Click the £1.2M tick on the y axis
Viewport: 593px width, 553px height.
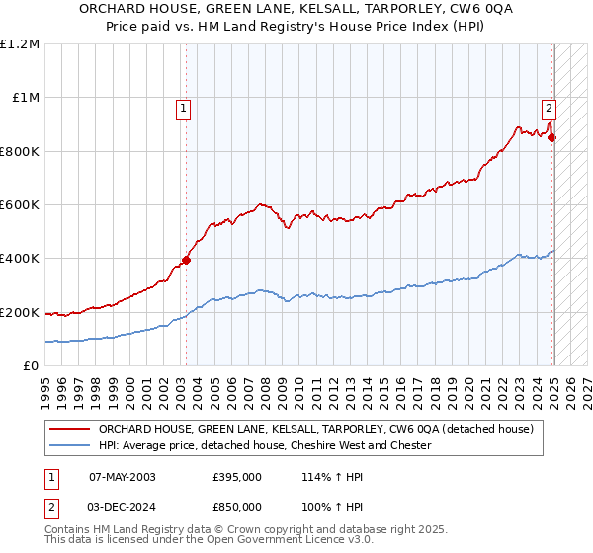[x=21, y=43]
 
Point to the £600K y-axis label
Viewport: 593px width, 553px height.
[x=21, y=205]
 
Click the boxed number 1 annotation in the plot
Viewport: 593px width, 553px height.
[x=185, y=110]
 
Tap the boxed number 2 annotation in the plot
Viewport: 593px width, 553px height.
[x=549, y=110]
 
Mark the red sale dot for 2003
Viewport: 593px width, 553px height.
[x=186, y=261]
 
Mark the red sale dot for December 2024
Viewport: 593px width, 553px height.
[x=551, y=138]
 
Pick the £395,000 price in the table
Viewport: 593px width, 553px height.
[x=237, y=476]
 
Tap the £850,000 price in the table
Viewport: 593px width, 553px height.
[x=237, y=506]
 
